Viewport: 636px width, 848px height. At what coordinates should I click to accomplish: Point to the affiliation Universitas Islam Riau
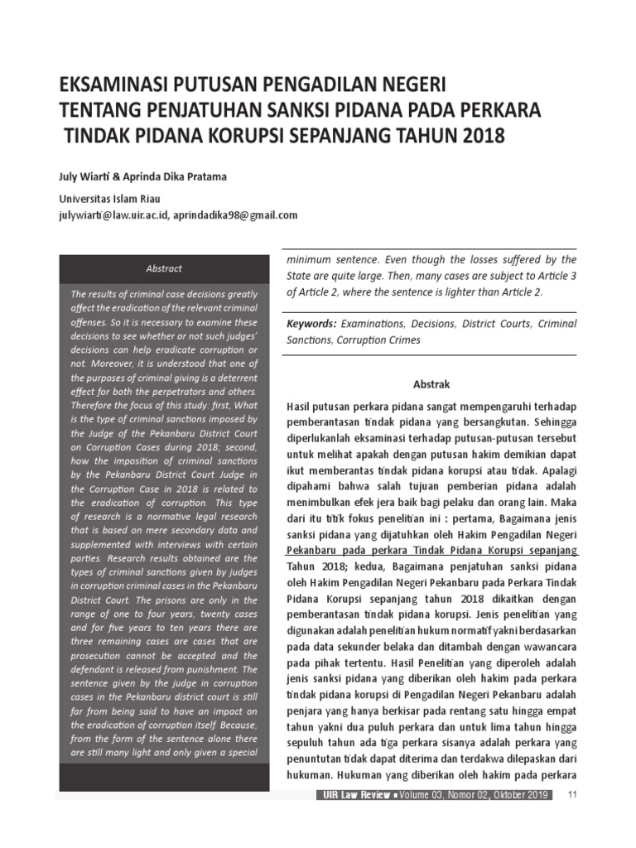(x=109, y=199)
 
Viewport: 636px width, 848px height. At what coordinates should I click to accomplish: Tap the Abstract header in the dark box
(x=164, y=268)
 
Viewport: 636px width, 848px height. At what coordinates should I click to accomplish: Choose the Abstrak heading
(x=431, y=384)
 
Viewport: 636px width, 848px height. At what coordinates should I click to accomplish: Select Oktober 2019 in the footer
(x=520, y=795)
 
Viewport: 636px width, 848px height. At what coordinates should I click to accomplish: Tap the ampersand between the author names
(x=118, y=177)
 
